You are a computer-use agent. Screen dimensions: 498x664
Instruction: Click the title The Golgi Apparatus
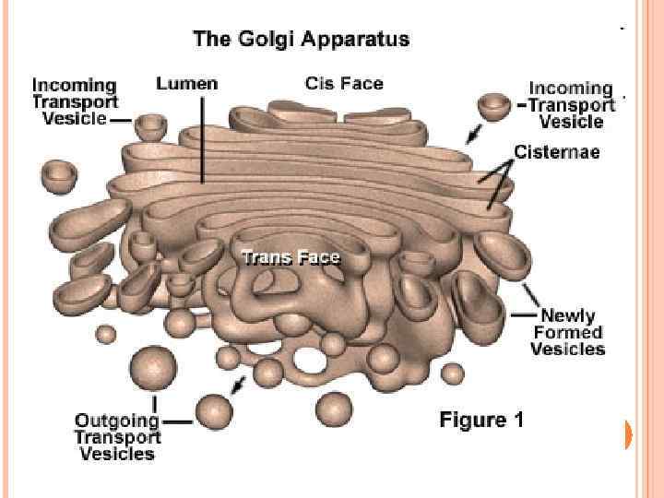pos(301,40)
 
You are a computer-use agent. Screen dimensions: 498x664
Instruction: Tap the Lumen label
pos(187,83)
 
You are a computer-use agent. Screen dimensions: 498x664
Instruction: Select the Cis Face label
pos(344,83)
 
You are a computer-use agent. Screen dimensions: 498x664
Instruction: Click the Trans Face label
pos(290,257)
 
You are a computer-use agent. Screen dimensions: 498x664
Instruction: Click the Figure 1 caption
pos(481,421)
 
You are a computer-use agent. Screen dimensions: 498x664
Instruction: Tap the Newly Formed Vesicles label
pos(568,332)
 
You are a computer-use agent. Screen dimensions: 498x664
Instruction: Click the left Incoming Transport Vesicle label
pos(75,101)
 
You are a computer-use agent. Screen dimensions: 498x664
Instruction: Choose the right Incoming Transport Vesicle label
pos(571,104)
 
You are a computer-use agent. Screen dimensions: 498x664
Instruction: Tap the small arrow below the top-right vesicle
pos(473,136)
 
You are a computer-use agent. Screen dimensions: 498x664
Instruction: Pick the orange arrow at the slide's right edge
pos(629,434)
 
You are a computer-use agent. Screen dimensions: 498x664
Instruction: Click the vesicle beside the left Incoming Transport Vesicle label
pos(149,125)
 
